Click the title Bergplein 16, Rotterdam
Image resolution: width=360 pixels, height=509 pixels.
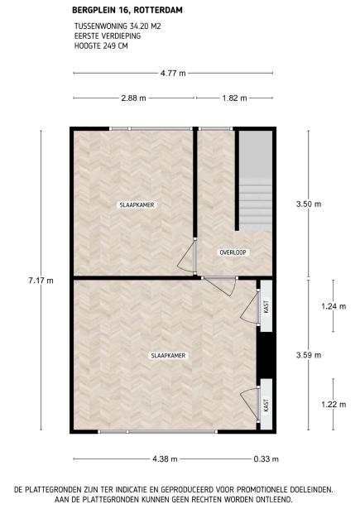point(127,10)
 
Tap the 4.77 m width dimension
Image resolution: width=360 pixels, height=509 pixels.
point(173,74)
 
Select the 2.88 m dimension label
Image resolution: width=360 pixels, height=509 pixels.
point(134,98)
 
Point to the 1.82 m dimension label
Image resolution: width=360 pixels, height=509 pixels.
point(235,98)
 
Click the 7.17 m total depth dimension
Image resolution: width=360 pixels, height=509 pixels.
point(41,281)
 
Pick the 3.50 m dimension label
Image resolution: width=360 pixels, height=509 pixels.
point(309,204)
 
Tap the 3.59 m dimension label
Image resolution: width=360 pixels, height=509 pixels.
point(309,355)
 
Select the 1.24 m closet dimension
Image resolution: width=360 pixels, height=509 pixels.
point(334,306)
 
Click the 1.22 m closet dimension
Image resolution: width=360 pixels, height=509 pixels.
point(334,405)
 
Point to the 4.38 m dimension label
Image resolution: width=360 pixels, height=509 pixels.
point(165,459)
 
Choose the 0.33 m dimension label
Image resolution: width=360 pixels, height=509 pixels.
point(266,459)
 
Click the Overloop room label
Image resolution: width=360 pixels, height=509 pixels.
point(233,252)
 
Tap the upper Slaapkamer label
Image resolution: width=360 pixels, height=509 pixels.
point(137,205)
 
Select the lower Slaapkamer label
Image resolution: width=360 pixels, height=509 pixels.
point(169,356)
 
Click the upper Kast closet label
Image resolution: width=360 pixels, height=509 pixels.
point(266,306)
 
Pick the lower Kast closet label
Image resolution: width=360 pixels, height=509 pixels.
point(266,406)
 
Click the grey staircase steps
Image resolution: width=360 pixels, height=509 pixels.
point(256,204)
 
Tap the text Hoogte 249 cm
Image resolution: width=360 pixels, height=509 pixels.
point(101,46)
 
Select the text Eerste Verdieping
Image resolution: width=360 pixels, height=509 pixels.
point(108,36)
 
